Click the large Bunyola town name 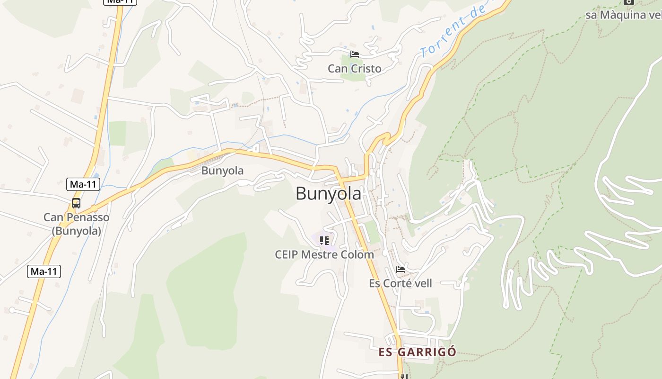[328, 193]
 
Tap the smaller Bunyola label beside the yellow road [222, 171]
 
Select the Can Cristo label [354, 69]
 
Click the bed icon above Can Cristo [354, 54]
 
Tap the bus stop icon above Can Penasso [76, 203]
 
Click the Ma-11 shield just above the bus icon [83, 184]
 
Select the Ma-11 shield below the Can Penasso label [44, 271]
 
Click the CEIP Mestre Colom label [324, 254]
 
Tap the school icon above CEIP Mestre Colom [324, 241]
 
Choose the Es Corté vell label [401, 283]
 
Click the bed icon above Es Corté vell [401, 270]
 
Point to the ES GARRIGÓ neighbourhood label [417, 352]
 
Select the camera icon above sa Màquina [628, 1]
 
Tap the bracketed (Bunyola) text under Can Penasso [76, 231]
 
